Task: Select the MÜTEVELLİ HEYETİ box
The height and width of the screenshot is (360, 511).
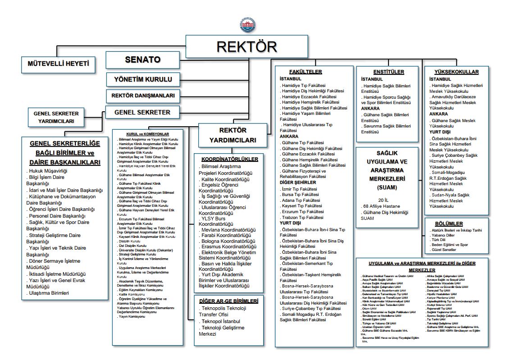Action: pos(59,64)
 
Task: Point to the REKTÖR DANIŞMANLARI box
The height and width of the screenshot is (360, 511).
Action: pos(142,96)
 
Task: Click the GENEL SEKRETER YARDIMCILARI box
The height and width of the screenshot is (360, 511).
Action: pos(56,117)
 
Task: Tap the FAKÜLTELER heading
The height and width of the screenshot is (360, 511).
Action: pos(306,72)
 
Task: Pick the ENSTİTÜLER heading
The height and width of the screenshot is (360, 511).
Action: pos(388,72)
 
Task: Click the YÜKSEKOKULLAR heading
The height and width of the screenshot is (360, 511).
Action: pos(456,72)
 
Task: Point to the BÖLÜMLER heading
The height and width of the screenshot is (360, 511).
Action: pos(456,223)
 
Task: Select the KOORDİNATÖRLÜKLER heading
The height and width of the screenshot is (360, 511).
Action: pos(229,159)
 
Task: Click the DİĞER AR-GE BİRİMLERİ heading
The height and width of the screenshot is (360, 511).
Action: pos(229,301)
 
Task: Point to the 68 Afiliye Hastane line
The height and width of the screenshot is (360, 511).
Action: pos(381,205)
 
